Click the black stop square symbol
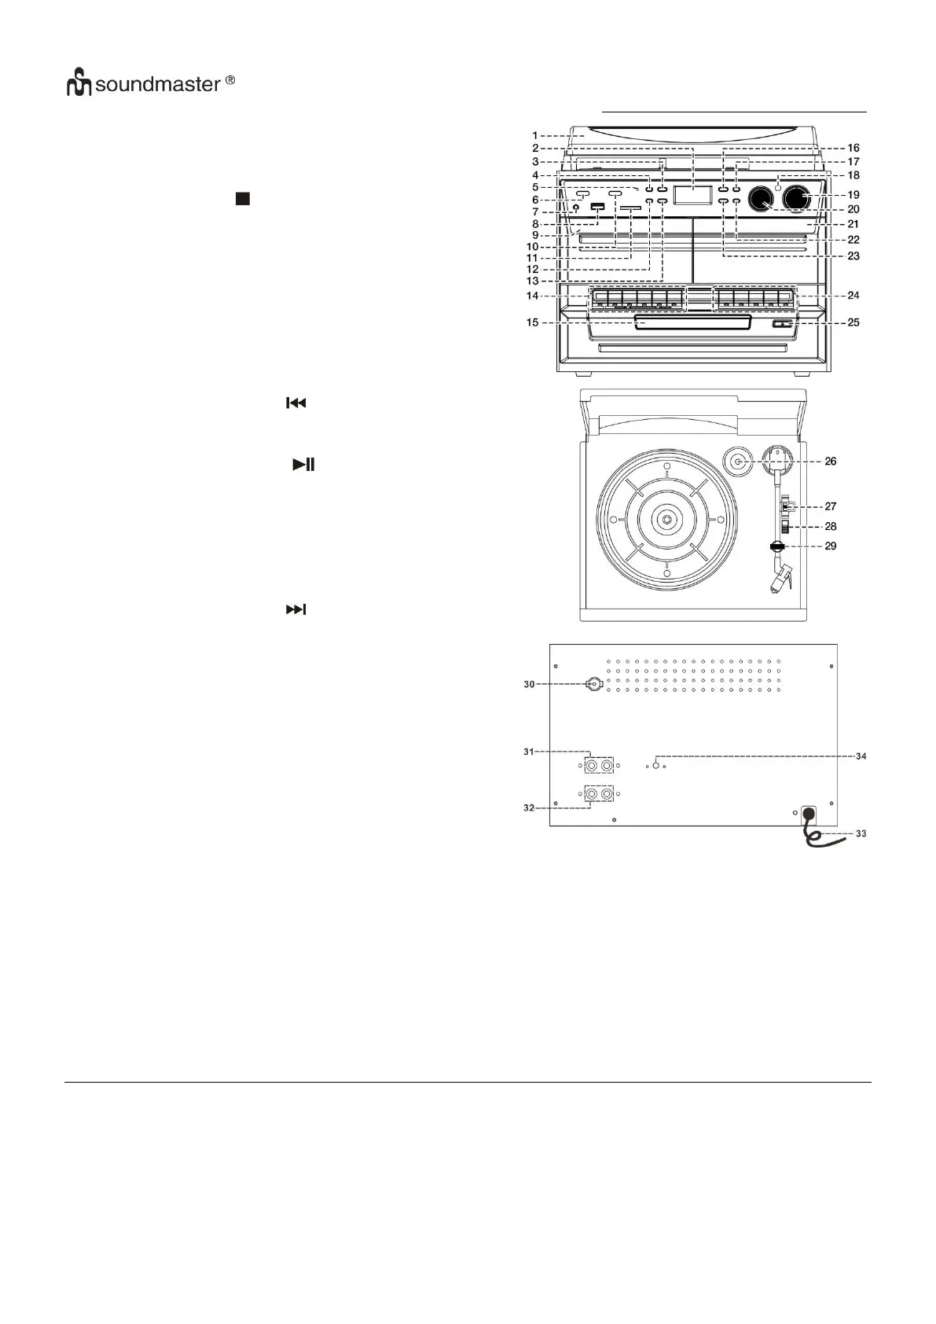[242, 198]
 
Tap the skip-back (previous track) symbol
[295, 403]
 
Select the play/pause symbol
[303, 465]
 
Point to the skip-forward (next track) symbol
[295, 609]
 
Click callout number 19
[853, 195]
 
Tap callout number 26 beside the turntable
[829, 462]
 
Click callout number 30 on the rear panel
[529, 684]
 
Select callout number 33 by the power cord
[860, 833]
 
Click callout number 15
[533, 322]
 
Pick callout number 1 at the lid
[535, 135]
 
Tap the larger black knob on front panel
[797, 199]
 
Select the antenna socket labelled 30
[594, 684]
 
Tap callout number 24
[853, 296]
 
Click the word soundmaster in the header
[157, 84]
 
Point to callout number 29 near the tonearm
[829, 546]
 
